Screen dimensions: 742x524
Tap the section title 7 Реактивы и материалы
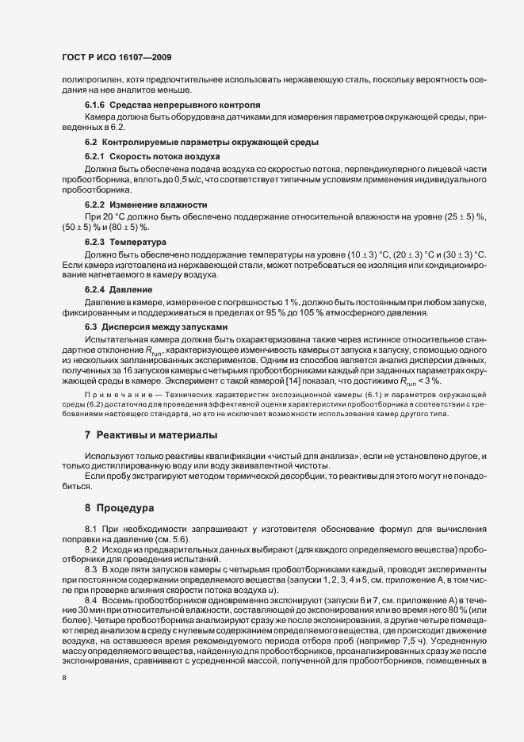pyautogui.click(x=151, y=434)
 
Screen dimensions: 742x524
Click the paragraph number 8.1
pyautogui.click(x=90, y=528)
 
